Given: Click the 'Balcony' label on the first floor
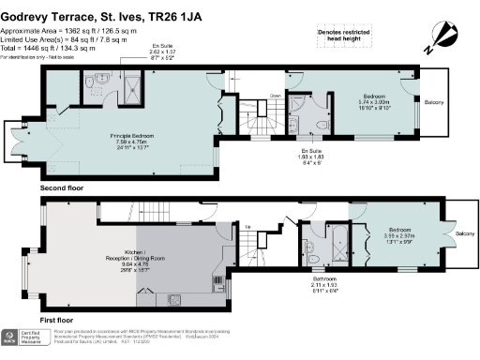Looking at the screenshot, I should coord(465,234).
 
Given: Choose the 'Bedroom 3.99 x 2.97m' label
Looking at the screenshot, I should coord(401,234).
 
